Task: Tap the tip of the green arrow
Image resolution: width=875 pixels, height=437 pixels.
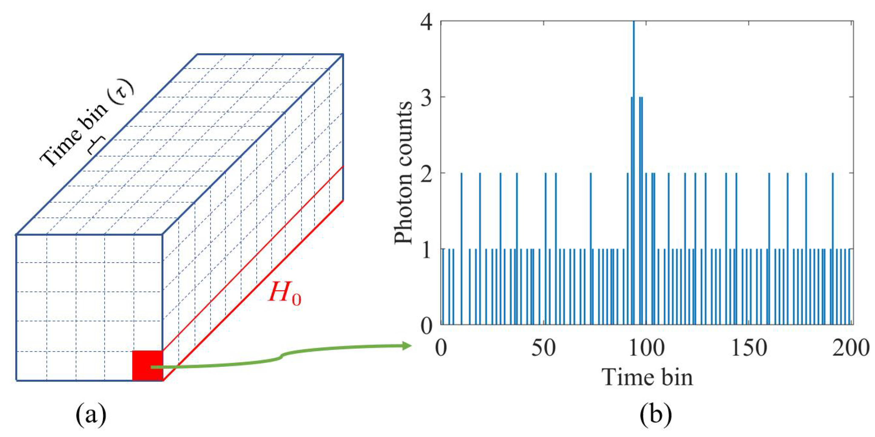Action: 409,346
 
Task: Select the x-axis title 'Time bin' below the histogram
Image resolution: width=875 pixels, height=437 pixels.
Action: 647,377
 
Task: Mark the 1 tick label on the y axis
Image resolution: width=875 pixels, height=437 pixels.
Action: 427,249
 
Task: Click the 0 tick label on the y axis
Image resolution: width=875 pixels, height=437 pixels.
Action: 427,325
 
